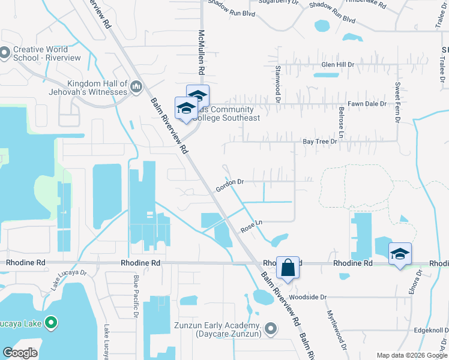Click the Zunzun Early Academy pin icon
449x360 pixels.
(271, 328)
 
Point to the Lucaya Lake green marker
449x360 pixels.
(51, 323)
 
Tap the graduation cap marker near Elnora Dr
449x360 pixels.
(400, 254)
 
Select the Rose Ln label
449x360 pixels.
(252, 226)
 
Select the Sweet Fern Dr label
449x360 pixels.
(397, 102)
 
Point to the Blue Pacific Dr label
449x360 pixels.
(136, 296)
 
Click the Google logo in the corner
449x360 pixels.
(20, 353)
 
